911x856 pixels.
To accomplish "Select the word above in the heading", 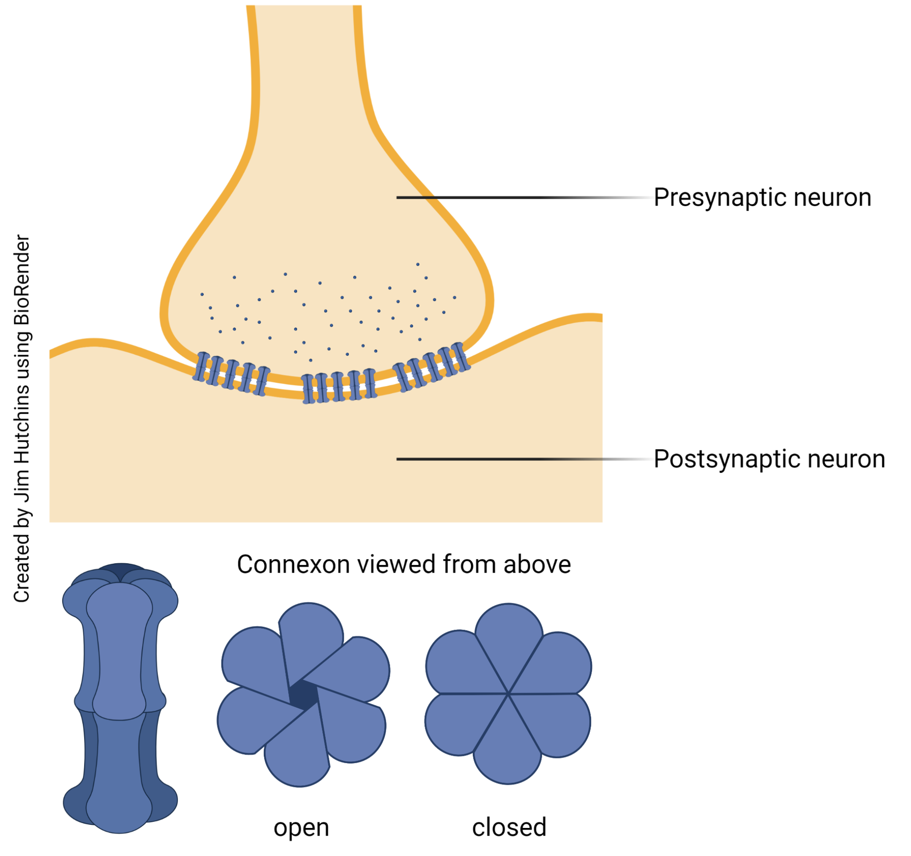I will [537, 565].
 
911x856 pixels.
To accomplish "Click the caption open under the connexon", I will [301, 828].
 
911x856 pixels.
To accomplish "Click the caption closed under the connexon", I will [509, 828].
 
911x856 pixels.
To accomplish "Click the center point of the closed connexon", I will [508, 694].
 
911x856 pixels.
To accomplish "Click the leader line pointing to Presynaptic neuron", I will [504, 198].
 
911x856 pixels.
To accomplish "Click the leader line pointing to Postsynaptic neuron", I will [504, 459].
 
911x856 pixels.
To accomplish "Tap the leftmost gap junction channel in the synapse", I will [201, 367].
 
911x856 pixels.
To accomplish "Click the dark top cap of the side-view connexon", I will [121, 572].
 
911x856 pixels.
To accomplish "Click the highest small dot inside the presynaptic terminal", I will [417, 264].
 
